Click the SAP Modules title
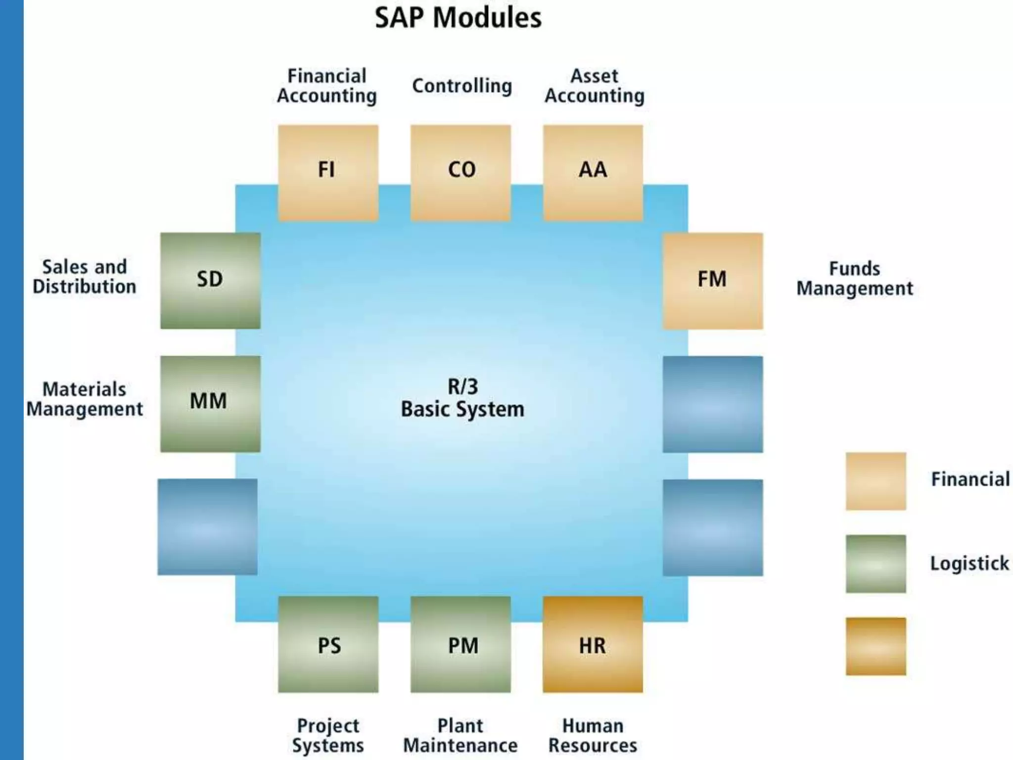tap(458, 18)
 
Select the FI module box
tap(328, 172)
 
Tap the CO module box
tap(460, 172)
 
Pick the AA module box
tap(593, 172)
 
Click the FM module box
tap(712, 281)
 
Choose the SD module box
tap(210, 281)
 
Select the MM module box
tap(210, 403)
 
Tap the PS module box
tap(328, 644)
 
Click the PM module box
tap(460, 644)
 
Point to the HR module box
tap(593, 644)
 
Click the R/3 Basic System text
tap(462, 398)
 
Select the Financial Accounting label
tap(327, 86)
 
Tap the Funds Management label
tap(854, 279)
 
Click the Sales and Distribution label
tap(84, 277)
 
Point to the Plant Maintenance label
tap(460, 735)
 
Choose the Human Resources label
tap(593, 735)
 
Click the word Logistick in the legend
tap(969, 564)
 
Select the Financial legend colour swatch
tap(875, 481)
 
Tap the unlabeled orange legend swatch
tap(875, 646)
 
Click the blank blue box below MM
tap(208, 526)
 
